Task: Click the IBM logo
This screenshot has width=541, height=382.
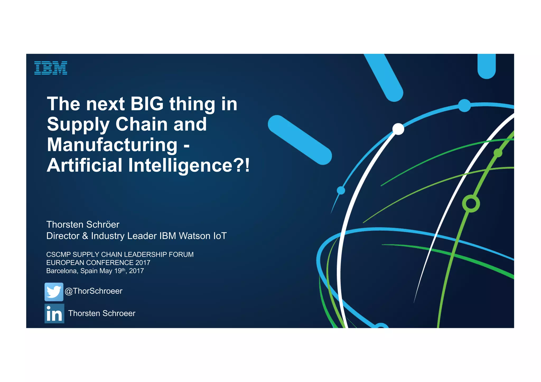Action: [x=51, y=68]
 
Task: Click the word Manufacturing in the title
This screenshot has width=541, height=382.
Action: [x=112, y=145]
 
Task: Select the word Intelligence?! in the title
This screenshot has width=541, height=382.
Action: [x=189, y=165]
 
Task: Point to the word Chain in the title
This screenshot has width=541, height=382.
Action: [x=141, y=124]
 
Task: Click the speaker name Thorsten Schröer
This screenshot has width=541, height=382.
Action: [x=83, y=225]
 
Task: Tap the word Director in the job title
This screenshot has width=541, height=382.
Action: [x=63, y=236]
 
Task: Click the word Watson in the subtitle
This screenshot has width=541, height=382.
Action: [x=193, y=236]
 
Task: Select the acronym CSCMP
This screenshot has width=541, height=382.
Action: [x=58, y=255]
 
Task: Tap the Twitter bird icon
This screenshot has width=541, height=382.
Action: [x=54, y=292]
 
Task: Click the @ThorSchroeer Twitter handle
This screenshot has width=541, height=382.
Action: [x=94, y=291]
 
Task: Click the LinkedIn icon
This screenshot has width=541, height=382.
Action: [x=54, y=313]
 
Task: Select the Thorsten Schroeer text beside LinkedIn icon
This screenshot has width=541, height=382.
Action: [x=102, y=313]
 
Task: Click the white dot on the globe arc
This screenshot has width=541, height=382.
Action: [x=398, y=129]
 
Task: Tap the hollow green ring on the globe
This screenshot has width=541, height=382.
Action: [x=471, y=204]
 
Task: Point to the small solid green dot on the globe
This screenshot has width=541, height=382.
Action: [x=498, y=153]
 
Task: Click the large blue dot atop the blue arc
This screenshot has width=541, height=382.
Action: [x=464, y=106]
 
